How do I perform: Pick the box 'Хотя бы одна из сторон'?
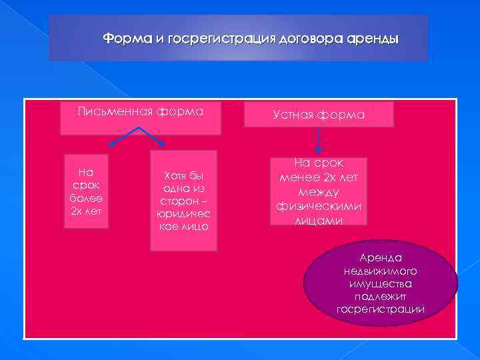(183, 201)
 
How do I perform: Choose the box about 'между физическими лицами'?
(319, 191)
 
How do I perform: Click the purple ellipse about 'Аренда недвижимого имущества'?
(380, 283)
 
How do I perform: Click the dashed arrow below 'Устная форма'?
(319, 140)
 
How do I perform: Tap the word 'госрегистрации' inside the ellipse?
(380, 309)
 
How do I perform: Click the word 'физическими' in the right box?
(319, 207)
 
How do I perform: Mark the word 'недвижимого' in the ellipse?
(380, 271)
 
